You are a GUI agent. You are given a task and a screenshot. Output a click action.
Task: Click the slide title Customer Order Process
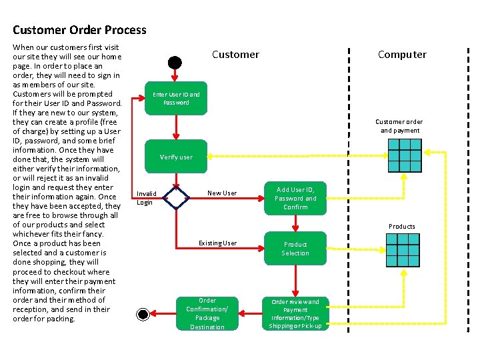point(79,30)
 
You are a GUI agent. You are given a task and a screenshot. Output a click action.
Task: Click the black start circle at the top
point(175,63)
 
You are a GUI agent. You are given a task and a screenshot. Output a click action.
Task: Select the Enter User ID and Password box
point(176,99)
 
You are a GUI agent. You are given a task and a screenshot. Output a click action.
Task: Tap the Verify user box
point(176,157)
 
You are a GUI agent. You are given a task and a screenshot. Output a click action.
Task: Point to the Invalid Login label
point(146,198)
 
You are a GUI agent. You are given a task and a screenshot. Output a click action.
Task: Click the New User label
point(222,193)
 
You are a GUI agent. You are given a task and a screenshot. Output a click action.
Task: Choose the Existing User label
point(217,243)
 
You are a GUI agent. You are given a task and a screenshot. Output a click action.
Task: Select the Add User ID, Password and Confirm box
point(295,198)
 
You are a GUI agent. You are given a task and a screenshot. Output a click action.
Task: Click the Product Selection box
point(295,249)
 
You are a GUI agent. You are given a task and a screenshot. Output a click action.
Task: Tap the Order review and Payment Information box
point(295,313)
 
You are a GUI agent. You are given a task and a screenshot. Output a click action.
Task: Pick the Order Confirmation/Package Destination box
point(207,313)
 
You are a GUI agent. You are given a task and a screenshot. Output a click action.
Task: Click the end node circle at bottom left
point(143,314)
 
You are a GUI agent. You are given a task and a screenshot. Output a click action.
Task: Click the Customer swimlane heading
point(235,55)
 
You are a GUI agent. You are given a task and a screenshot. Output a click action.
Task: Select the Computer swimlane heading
point(402,55)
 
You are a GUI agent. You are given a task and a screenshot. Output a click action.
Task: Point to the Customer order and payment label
point(399,126)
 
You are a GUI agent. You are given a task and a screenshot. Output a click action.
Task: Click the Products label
point(402,227)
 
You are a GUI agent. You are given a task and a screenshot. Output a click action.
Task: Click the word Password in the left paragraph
point(104,103)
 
